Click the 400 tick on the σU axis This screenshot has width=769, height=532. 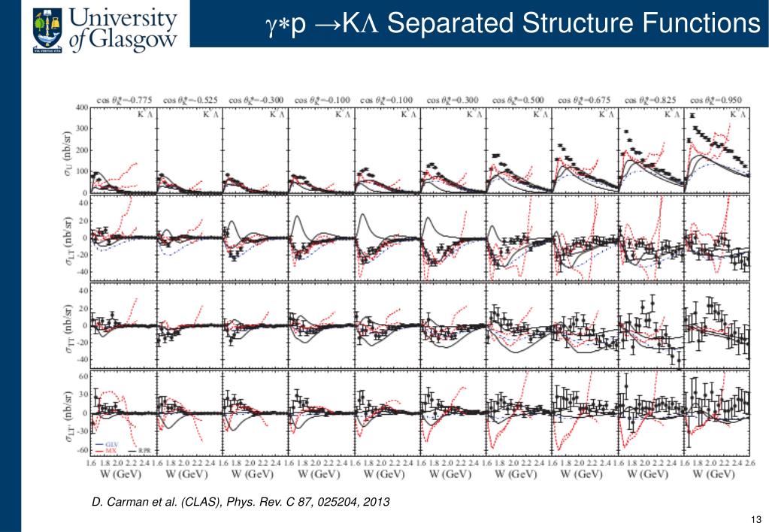point(80,107)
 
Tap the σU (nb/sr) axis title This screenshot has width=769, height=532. point(68,150)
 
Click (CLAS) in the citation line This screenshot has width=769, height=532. point(183,502)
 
